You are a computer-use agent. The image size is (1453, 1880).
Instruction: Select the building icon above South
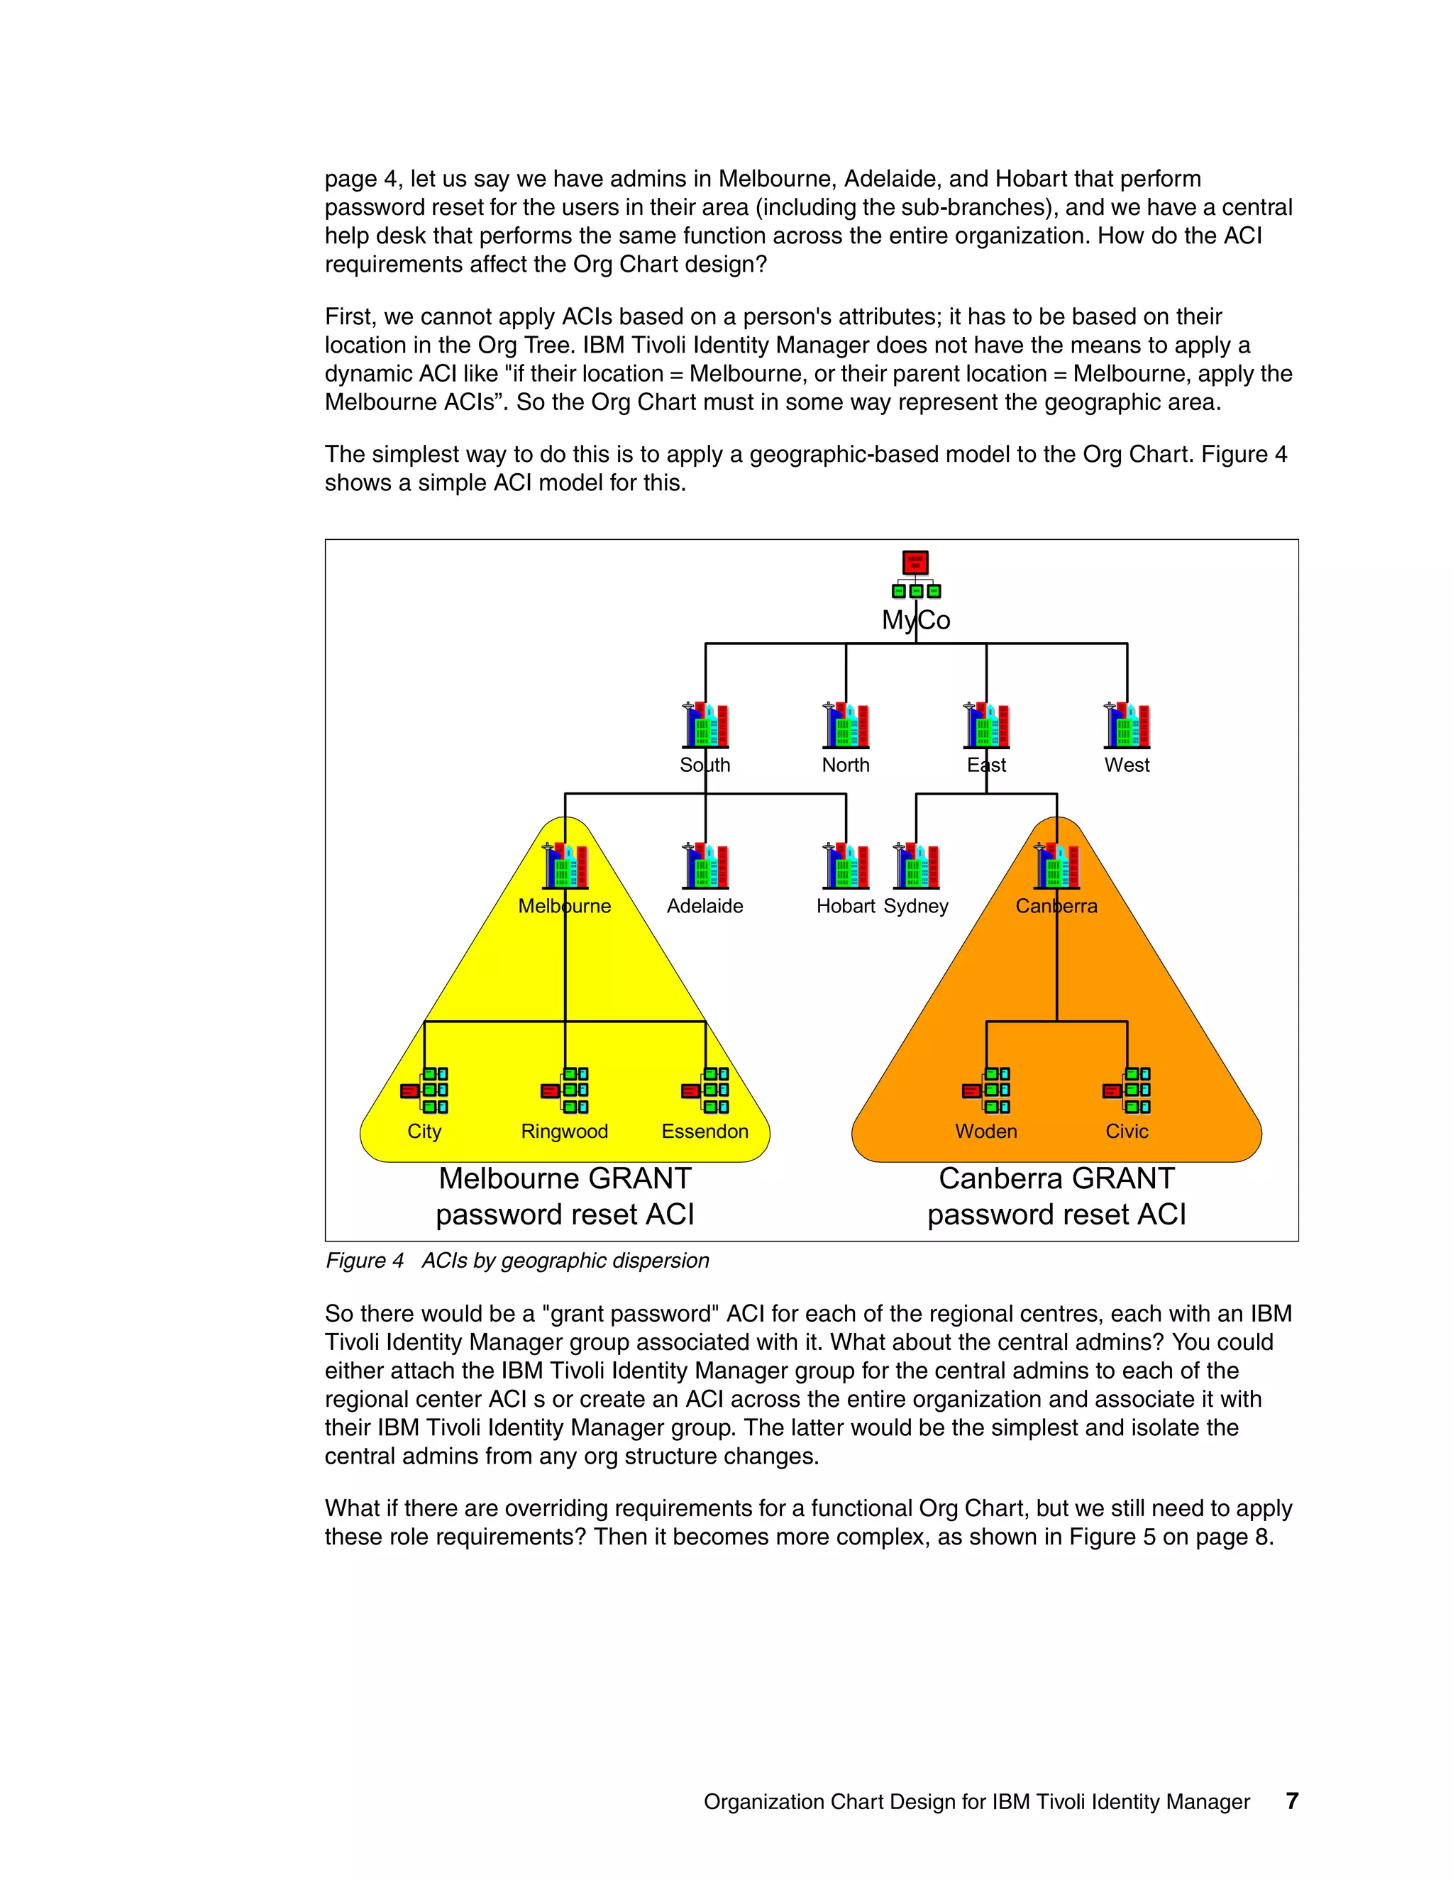coord(706,725)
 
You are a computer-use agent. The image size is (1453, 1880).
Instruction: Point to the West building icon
coord(1127,725)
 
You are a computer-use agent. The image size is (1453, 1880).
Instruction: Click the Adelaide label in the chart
coord(705,907)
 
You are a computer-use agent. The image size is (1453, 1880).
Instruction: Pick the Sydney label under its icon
coord(916,907)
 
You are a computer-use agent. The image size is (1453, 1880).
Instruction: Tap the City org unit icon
coord(424,1090)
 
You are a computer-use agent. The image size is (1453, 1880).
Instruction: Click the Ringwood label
coord(565,1132)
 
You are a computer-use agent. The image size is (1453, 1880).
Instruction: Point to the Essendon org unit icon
coord(705,1090)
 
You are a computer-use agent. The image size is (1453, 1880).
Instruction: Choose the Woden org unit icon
coord(986,1090)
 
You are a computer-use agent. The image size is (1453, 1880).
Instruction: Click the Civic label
coord(1127,1132)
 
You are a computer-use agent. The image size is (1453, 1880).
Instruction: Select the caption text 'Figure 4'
coord(365,1261)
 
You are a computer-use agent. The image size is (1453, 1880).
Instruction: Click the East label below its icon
coord(986,765)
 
